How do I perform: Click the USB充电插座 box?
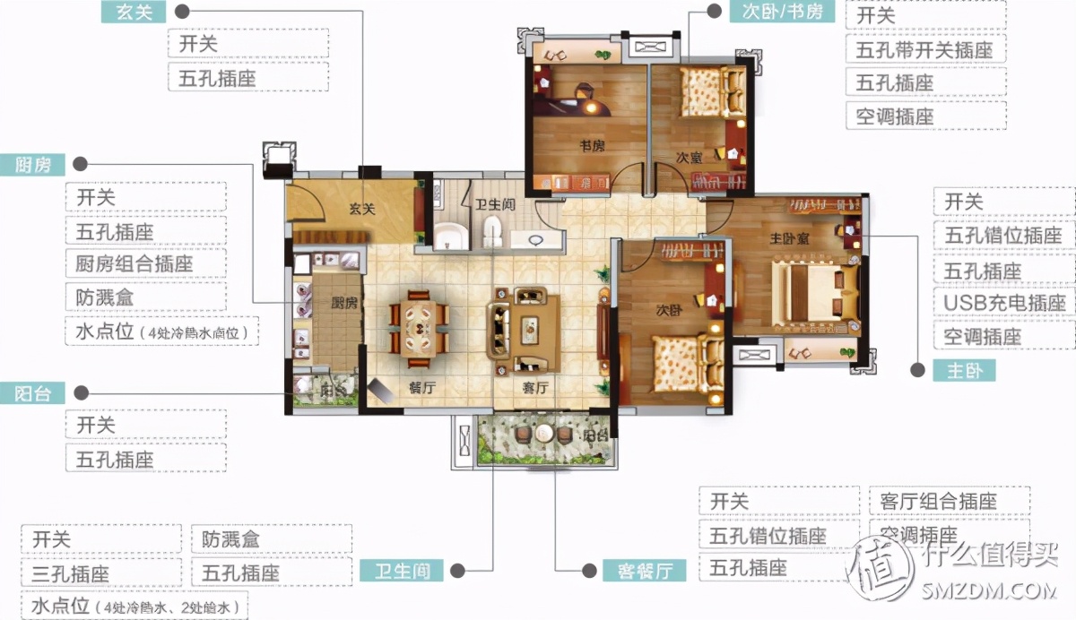point(1004,303)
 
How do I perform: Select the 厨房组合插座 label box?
point(144,264)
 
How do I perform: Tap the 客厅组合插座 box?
point(949,501)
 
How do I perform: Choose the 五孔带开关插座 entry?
point(924,49)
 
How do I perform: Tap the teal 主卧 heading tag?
point(964,370)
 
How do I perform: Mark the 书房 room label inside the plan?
point(588,145)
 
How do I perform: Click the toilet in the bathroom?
point(491,235)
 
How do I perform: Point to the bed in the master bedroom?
point(807,291)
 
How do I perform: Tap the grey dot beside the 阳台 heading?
point(81,392)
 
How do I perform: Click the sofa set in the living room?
point(522,329)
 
